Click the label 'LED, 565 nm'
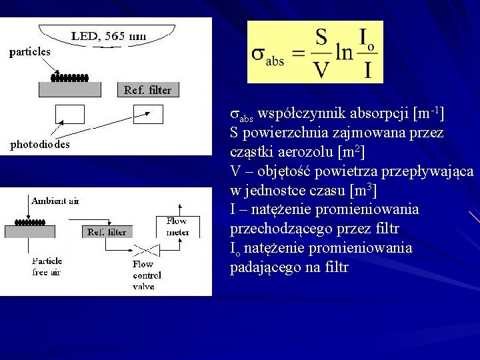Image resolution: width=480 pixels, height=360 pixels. point(110,37)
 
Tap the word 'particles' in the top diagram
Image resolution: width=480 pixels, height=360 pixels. point(30,51)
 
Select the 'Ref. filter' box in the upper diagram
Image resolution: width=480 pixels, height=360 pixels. point(147,90)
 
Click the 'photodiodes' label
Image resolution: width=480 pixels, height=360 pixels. point(40,144)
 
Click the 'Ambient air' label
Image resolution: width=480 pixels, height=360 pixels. point(55,201)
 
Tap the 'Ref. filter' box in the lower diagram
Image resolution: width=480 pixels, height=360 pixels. point(107,232)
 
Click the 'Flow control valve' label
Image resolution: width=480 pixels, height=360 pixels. point(143,275)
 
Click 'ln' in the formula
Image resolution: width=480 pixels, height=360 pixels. point(344,52)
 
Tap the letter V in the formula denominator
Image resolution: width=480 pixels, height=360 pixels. point(321,69)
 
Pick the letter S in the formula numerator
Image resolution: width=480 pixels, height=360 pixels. point(321,37)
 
